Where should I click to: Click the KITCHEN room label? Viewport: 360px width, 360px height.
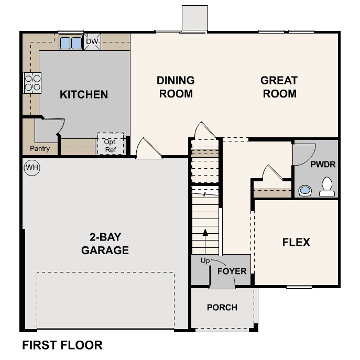84,95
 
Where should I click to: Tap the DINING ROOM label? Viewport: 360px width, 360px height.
176,87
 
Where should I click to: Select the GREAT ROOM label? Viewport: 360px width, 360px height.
279,87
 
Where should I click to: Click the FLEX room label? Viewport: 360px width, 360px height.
296,242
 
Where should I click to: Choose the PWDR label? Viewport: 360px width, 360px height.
323,164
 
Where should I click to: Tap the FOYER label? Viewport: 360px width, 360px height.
232,271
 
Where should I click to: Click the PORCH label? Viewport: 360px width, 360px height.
222,308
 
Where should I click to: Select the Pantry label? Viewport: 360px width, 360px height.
40,149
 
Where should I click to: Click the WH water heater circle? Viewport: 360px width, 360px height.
32,168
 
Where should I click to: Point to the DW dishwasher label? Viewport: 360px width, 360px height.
92,41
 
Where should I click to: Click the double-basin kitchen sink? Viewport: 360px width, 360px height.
71,42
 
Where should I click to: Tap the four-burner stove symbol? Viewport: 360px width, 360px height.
32,83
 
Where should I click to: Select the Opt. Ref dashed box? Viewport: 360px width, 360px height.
110,144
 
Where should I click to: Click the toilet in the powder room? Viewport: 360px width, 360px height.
327,187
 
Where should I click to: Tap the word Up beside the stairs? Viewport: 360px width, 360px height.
205,260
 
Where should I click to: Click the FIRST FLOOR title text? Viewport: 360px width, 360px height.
62,345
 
